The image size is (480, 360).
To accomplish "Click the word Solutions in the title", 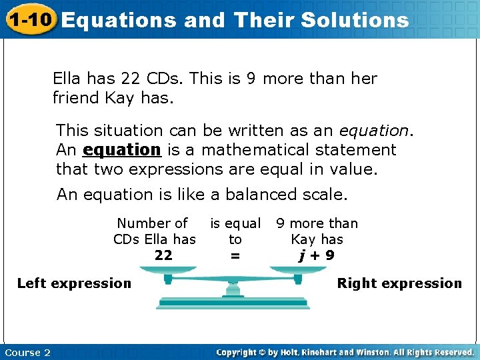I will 355,20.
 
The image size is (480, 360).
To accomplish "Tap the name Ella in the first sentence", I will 67,79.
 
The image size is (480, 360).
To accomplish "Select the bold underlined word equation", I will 122,150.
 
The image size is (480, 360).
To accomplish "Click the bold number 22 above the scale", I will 163,255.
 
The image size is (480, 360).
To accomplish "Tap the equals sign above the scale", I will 235,255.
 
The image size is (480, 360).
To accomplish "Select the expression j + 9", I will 317,255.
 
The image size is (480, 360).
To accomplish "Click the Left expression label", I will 74,283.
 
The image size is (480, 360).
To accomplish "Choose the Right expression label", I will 399,283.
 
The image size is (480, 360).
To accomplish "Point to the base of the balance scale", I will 234,305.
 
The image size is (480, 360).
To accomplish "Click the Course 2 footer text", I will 27,352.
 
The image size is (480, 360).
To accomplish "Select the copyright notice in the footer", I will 345,352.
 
